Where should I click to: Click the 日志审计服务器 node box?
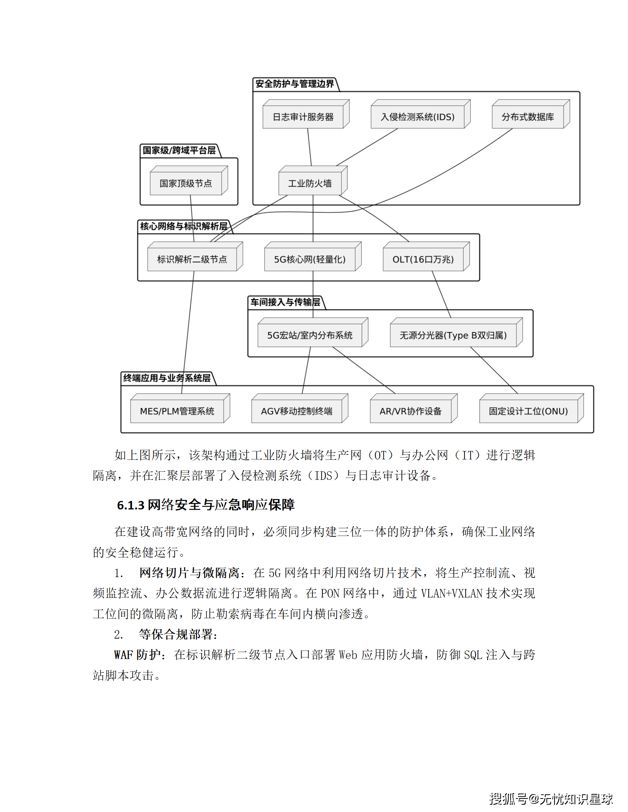click(x=303, y=117)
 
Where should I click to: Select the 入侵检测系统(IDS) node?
click(x=418, y=117)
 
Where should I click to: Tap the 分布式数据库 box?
click(x=528, y=117)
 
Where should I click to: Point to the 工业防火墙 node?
click(x=310, y=183)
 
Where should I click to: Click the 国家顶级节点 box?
click(x=186, y=183)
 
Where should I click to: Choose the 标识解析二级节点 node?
click(x=192, y=260)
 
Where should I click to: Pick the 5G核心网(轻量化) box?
click(x=310, y=260)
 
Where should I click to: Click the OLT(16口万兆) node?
click(x=423, y=260)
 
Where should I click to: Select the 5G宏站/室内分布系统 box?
click(x=310, y=335)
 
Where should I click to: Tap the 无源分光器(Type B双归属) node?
click(x=453, y=335)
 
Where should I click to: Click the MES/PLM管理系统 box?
click(x=177, y=411)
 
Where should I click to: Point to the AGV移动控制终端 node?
click(x=297, y=411)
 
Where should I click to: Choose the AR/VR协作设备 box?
click(x=411, y=411)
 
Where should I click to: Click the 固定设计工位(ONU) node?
click(x=528, y=411)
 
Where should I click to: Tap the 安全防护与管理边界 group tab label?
click(x=295, y=84)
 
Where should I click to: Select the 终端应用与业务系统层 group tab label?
click(x=167, y=378)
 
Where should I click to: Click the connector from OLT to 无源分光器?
click(x=441, y=295)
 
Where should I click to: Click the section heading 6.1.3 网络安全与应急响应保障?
click(x=206, y=505)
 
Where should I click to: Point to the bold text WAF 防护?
click(x=137, y=655)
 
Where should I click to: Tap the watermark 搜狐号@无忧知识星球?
click(x=551, y=799)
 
